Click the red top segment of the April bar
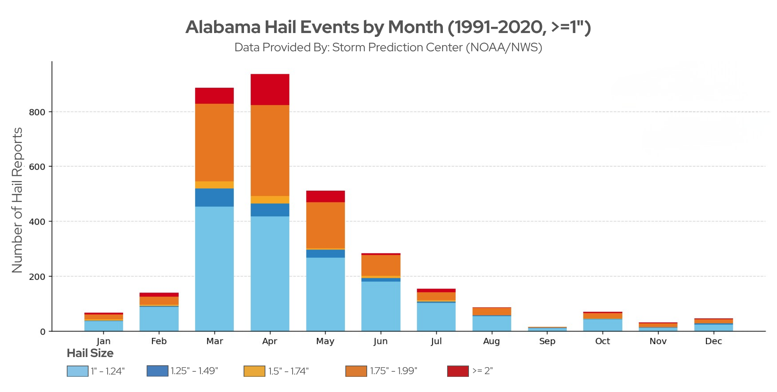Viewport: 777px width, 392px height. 270,89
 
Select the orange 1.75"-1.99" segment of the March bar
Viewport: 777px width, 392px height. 214,142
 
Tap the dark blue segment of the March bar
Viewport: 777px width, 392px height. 214,197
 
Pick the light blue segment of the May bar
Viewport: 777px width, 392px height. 325,294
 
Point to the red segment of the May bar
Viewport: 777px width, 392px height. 325,196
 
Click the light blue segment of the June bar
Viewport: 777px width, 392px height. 381,306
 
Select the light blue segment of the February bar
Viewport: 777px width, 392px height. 159,319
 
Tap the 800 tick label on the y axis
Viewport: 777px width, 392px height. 37,112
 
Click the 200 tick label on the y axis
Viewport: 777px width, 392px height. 37,277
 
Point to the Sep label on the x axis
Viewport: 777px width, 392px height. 547,341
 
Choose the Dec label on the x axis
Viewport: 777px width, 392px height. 713,341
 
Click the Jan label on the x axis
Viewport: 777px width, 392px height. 103,341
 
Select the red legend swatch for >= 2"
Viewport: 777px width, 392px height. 458,371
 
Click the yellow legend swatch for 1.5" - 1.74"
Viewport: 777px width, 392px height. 254,371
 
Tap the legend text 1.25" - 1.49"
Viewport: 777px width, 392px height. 194,371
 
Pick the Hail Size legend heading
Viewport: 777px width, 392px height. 90,353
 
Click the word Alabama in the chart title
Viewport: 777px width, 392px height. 223,27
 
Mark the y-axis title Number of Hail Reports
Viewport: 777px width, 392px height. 17,200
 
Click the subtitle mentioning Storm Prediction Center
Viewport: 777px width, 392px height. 388,47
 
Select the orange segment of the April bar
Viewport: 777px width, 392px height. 270,150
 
